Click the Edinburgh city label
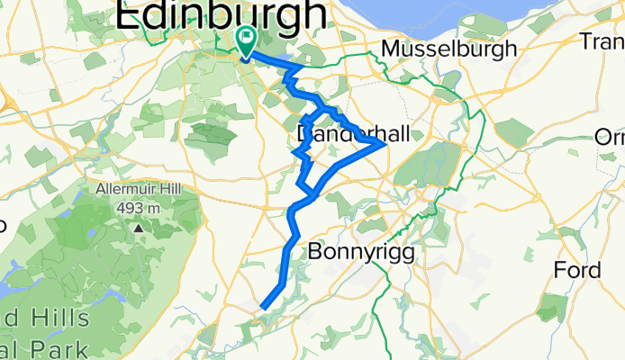(x=221, y=14)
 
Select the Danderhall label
(x=352, y=134)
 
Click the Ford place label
(x=577, y=270)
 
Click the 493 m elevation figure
(x=139, y=209)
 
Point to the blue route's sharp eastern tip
(x=385, y=142)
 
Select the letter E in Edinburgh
(x=129, y=14)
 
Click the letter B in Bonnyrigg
(x=315, y=253)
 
